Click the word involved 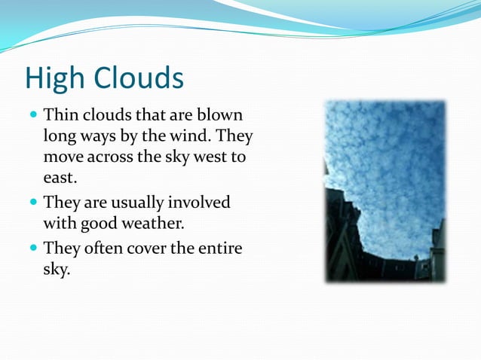pos(200,203)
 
